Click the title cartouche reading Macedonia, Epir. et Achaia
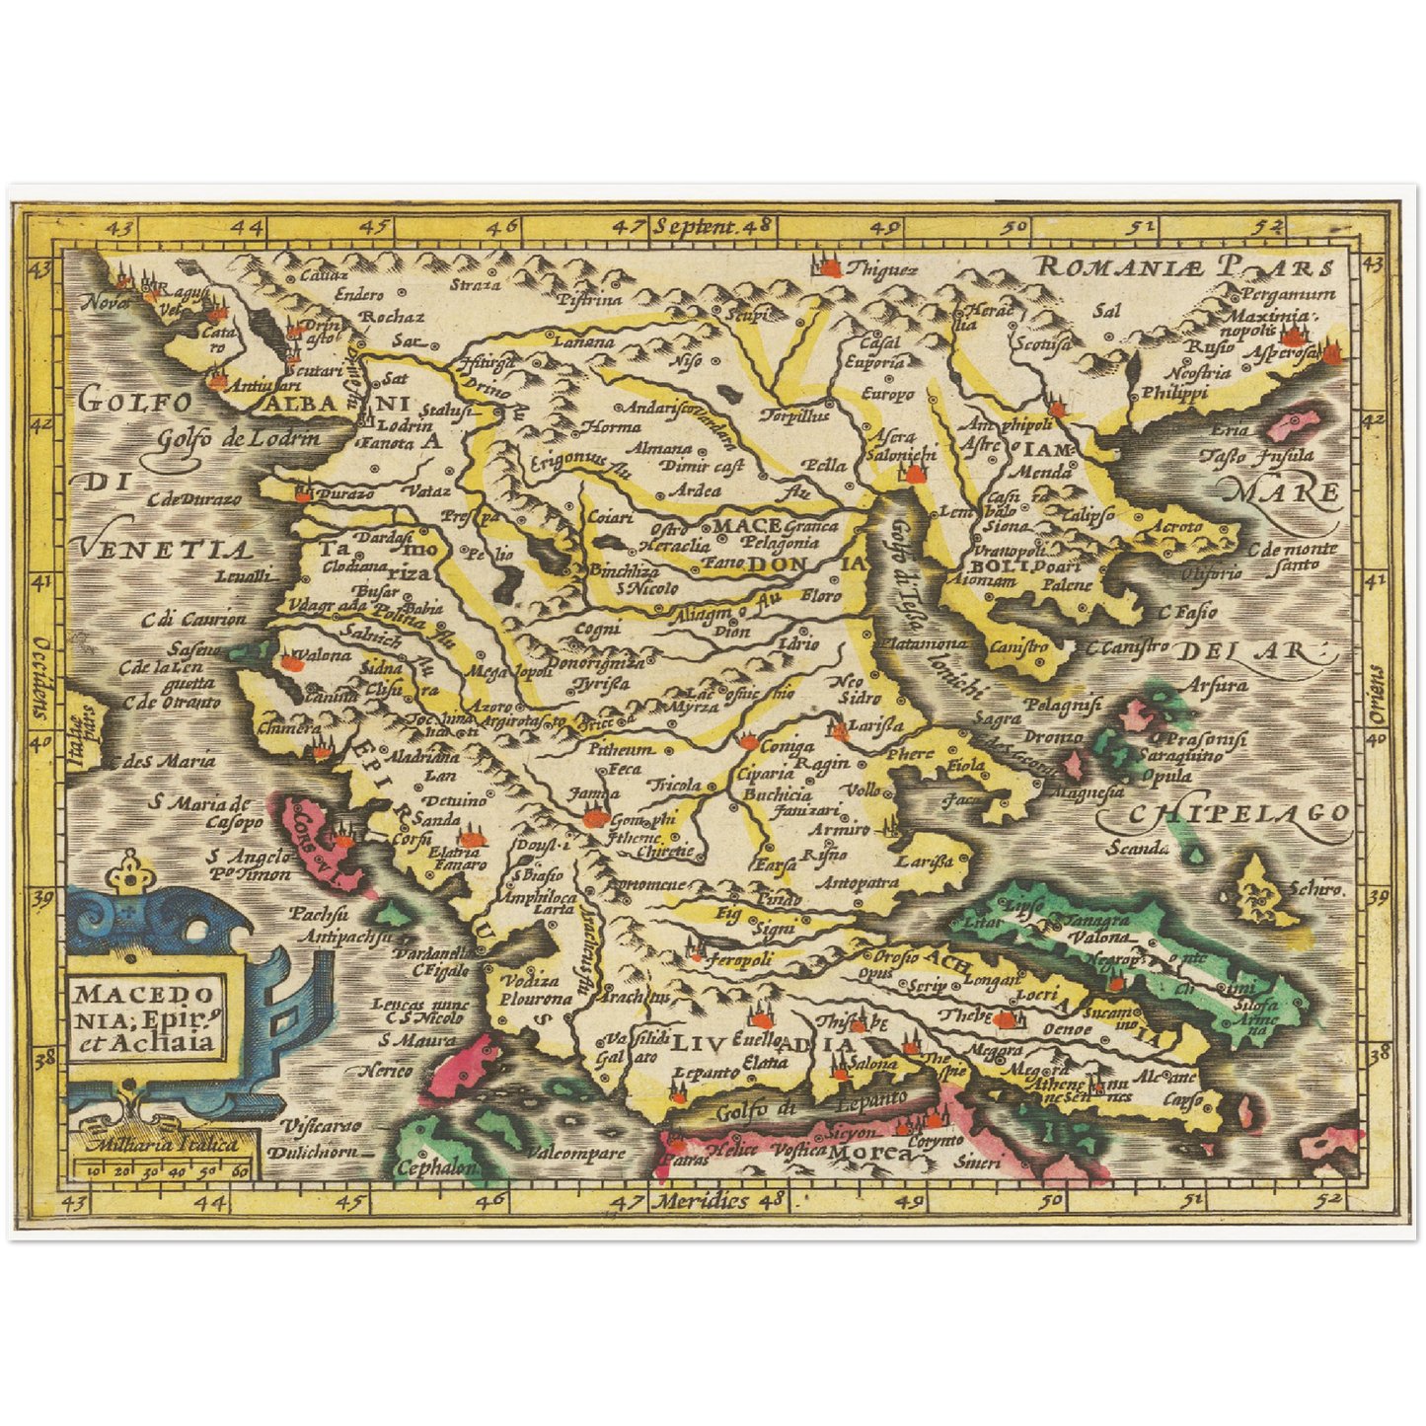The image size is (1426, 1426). click(x=145, y=1017)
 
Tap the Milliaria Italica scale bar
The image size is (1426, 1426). click(x=162, y=1161)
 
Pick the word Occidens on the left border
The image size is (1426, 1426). click(x=40, y=671)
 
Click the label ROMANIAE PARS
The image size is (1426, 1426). click(x=1185, y=266)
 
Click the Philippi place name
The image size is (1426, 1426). click(x=1174, y=392)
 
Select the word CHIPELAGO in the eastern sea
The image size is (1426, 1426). click(x=1238, y=813)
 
